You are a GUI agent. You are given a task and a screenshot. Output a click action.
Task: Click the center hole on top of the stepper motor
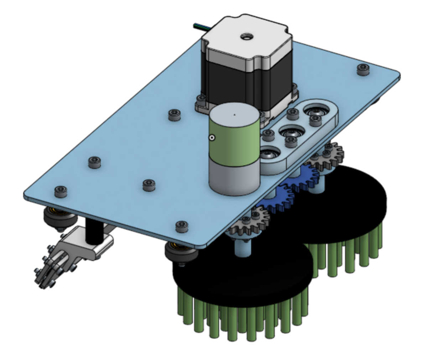point(245,37)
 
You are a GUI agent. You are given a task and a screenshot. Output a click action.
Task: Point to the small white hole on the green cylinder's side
point(212,137)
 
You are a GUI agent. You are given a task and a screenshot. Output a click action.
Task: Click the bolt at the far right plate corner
point(363,68)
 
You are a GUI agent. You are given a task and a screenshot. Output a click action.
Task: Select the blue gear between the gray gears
point(285,194)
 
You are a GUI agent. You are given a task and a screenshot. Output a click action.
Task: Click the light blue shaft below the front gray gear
point(243,248)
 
